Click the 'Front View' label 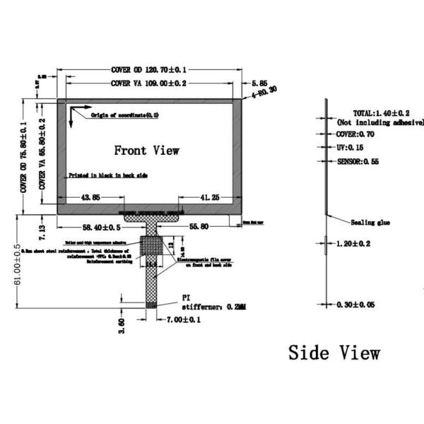coord(146,151)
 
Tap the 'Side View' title coord(334,352)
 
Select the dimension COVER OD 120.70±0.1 coord(148,70)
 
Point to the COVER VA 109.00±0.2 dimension coord(148,83)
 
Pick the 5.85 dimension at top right coord(259,82)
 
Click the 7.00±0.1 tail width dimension coord(185,320)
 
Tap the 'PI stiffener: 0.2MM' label coord(212,302)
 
